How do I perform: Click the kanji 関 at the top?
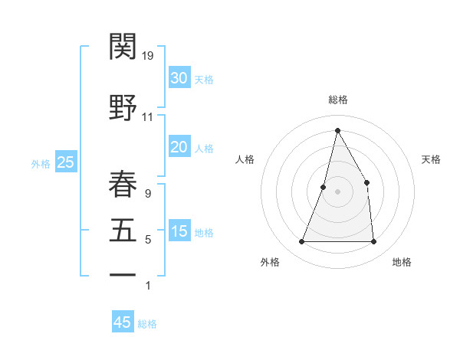(x=123, y=47)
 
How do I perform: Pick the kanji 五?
(x=123, y=230)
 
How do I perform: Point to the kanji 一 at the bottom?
(x=123, y=274)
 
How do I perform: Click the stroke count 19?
(x=148, y=56)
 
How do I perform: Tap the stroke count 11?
(x=147, y=117)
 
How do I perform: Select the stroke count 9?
(x=147, y=194)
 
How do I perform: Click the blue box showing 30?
(x=179, y=78)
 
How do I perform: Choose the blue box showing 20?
(x=179, y=147)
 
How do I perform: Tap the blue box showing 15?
(x=179, y=231)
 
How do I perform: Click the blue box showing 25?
(x=65, y=162)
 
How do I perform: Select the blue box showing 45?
(x=123, y=322)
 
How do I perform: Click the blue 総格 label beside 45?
(x=147, y=324)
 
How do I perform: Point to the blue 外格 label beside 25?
(x=41, y=163)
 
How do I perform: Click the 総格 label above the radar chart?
(x=337, y=100)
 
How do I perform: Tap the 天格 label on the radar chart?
(x=431, y=159)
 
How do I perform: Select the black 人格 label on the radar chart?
(x=245, y=159)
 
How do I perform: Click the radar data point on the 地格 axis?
(x=373, y=242)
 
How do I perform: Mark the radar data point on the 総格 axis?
(x=337, y=130)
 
